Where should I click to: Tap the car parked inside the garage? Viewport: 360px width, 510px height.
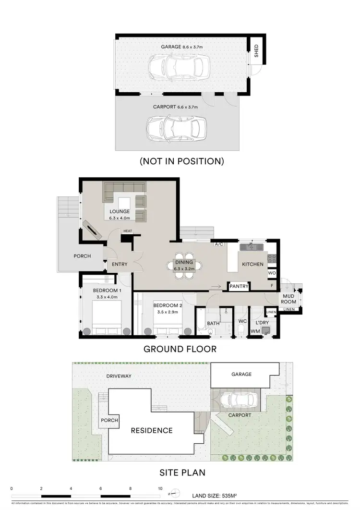(x=179, y=67)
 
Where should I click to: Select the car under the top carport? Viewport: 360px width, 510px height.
(x=173, y=127)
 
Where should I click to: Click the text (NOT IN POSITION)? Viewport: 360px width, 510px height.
(x=181, y=161)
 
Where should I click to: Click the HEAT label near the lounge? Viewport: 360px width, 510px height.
(x=127, y=231)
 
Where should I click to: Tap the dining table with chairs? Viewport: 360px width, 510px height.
(x=184, y=265)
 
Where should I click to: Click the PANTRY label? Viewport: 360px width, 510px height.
(x=239, y=287)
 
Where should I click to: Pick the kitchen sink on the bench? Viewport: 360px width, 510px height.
(x=252, y=247)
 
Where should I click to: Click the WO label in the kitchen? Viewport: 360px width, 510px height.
(x=272, y=274)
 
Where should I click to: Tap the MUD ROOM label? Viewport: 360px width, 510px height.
(x=288, y=298)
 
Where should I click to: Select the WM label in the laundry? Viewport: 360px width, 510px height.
(x=254, y=331)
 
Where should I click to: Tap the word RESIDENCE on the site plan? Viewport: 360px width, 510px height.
(x=152, y=430)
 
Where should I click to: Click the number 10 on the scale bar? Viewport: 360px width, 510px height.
(x=160, y=488)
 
